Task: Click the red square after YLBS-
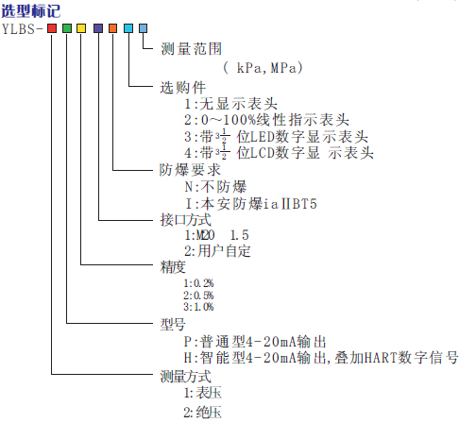tap(52, 28)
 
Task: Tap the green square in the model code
tap(67, 28)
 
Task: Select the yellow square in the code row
tap(81, 28)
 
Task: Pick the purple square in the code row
tap(98, 28)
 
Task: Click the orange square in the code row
tap(113, 28)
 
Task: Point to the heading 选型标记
tap(30, 11)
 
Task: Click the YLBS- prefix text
tap(23, 29)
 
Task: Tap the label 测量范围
tap(191, 49)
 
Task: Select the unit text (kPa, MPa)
tap(263, 68)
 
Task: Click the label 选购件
tap(182, 88)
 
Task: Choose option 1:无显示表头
tap(230, 104)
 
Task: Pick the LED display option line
tap(276, 137)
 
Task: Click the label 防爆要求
tap(190, 170)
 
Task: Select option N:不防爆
tap(215, 187)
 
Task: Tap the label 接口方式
tap(185, 220)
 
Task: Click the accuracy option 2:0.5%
tap(198, 296)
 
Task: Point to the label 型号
tap(173, 324)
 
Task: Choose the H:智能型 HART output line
tap(321, 358)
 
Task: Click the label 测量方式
tap(185, 377)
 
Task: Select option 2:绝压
tap(203, 412)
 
